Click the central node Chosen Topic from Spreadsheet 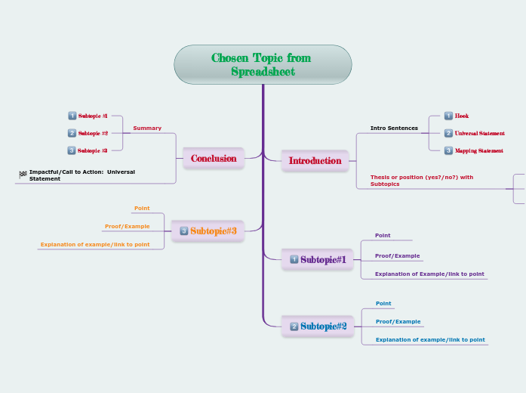tap(263, 64)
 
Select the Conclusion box tap(214, 158)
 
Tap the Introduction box tap(315, 160)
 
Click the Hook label tap(461, 116)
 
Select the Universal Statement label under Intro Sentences tap(479, 133)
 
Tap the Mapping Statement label tap(478, 150)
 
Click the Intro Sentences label tap(394, 128)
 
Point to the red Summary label tap(147, 128)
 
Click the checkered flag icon tap(23, 175)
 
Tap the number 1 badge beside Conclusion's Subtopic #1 tap(72, 116)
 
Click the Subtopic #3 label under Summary tap(93, 150)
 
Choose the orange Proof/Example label tap(127, 226)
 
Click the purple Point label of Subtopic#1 tap(383, 235)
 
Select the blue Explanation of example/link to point tap(430, 339)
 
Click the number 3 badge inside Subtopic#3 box tap(184, 231)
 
